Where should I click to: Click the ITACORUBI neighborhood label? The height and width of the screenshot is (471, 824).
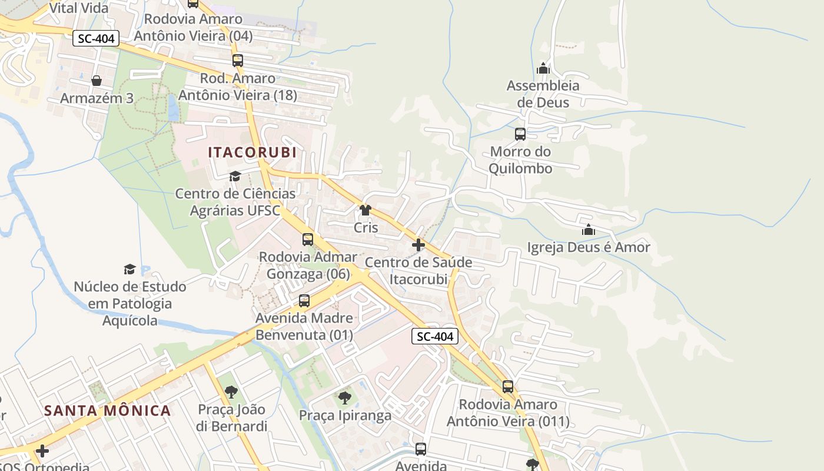point(252,152)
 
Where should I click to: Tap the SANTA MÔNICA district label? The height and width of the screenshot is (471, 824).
point(108,410)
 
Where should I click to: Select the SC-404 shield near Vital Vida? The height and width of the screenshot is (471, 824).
point(97,39)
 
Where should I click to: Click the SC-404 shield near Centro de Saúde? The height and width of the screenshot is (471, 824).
point(434,337)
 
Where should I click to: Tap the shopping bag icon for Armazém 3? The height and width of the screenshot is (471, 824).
point(97,81)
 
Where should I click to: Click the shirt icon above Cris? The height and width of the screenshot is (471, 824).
point(366,210)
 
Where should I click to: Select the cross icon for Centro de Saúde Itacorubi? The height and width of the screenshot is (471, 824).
point(418,245)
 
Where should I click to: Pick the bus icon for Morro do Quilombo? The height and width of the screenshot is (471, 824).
point(520,134)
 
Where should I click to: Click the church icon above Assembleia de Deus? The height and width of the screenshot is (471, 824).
point(543,68)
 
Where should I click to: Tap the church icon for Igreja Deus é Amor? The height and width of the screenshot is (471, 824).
point(589,230)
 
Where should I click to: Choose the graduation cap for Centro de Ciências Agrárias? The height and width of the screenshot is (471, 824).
point(235,176)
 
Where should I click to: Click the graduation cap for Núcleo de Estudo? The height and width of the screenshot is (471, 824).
point(129,270)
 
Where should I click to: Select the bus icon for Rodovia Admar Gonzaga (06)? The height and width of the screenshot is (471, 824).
point(308,240)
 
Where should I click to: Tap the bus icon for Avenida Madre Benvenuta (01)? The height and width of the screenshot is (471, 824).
point(304,301)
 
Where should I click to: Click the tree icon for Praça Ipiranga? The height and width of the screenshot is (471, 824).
point(345,398)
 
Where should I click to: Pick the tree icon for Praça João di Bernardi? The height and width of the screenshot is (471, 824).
point(231,392)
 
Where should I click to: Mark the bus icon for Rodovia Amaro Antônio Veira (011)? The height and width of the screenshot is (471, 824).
point(508,387)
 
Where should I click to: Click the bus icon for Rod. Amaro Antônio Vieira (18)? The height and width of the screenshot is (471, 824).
point(238,61)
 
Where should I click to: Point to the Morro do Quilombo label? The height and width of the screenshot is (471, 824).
point(521,160)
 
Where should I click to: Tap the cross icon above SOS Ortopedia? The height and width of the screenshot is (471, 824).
point(42,451)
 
